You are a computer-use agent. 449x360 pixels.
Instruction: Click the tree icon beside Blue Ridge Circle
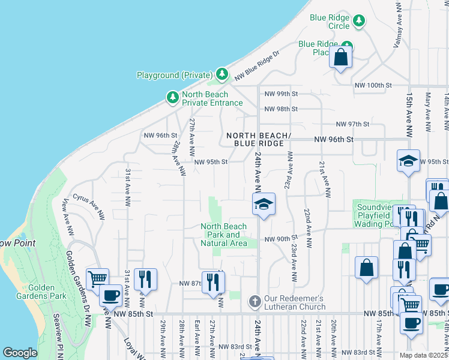coord(359,22)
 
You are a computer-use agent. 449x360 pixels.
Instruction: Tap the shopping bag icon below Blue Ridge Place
coord(341,58)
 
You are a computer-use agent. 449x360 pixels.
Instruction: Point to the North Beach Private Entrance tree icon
coord(172,98)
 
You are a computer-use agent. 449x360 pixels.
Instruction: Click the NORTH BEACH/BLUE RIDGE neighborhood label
coord(258,140)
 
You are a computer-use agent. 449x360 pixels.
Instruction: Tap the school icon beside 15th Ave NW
coord(408,161)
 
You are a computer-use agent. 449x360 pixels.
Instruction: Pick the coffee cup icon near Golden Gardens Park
coord(110,295)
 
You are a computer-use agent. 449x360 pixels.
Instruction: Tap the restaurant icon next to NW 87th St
coord(213,281)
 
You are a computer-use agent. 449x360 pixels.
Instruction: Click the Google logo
coord(20,353)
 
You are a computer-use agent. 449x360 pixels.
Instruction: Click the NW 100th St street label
coord(373,86)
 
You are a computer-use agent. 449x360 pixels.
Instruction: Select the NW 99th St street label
coord(280,94)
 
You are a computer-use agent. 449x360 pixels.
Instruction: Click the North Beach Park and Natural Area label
coord(223,235)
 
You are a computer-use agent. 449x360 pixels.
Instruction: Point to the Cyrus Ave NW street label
coord(89,200)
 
